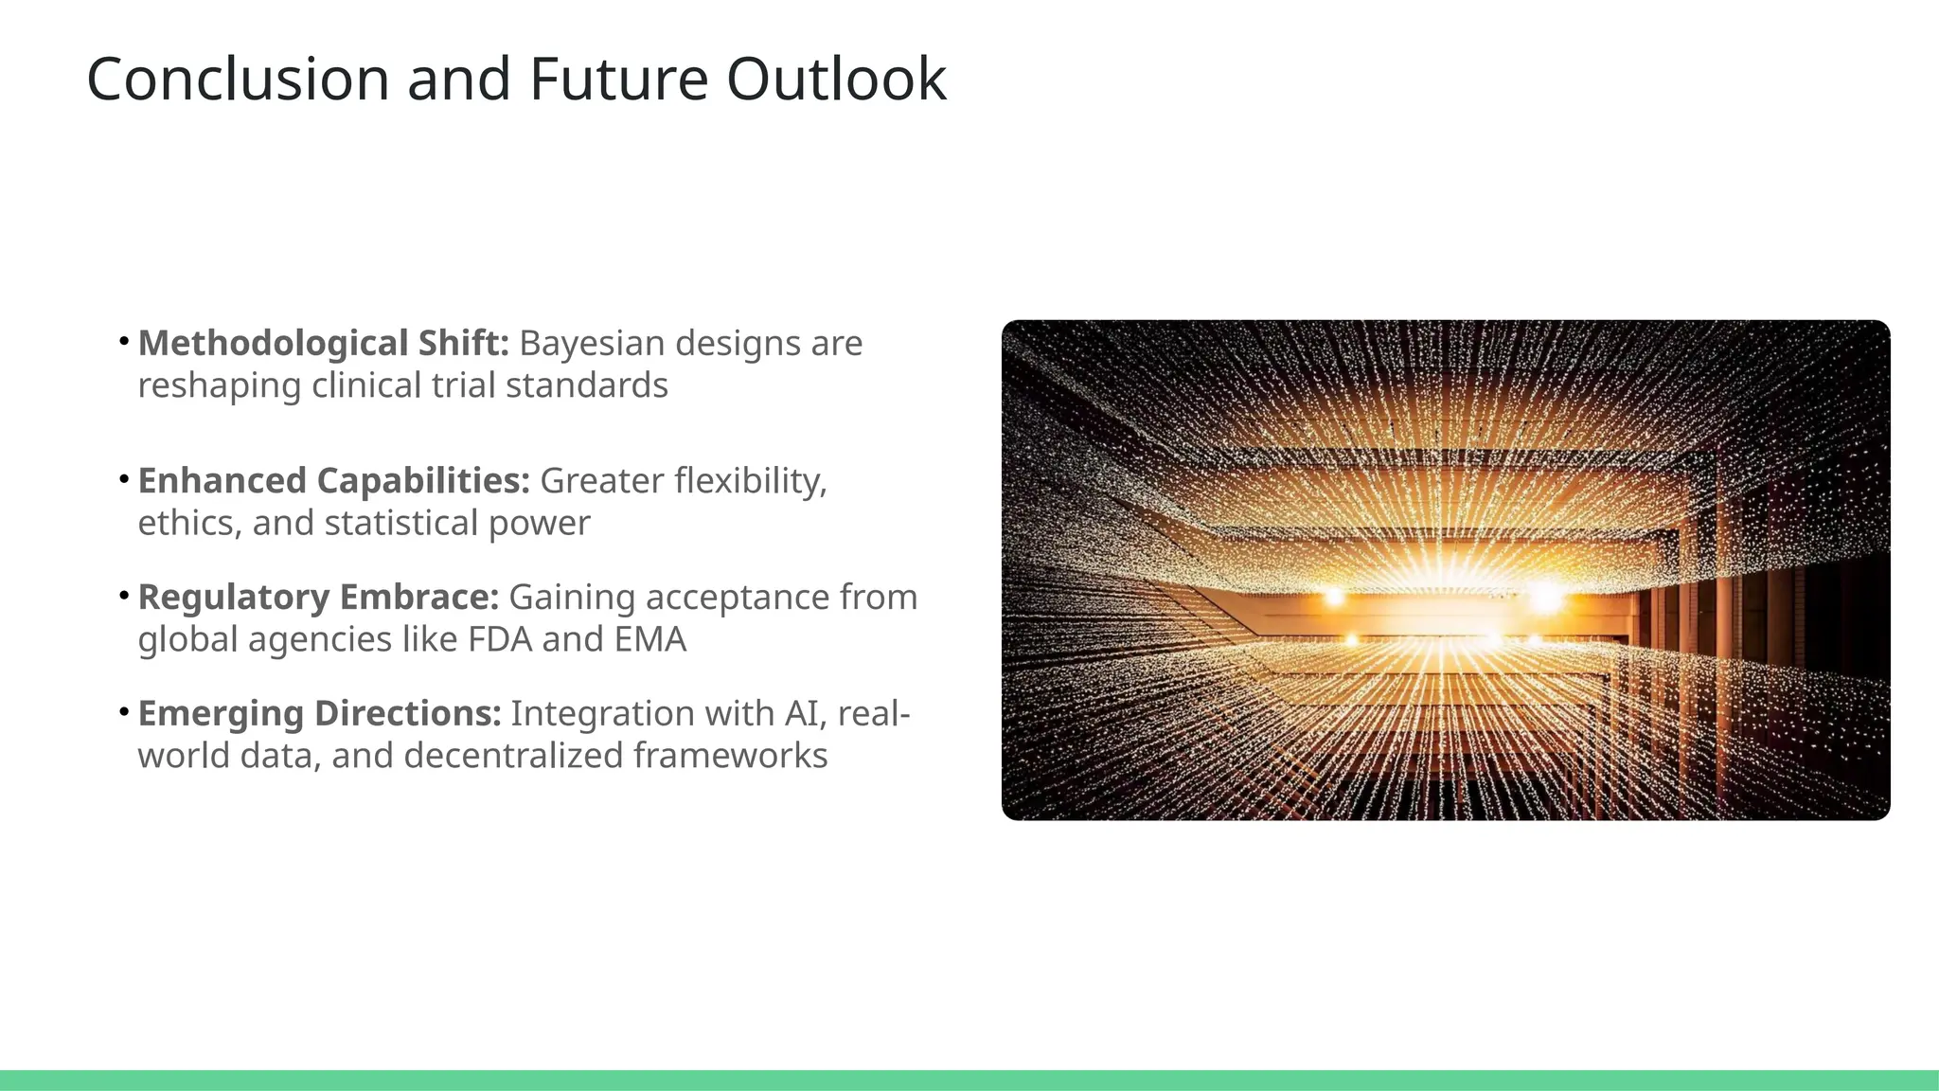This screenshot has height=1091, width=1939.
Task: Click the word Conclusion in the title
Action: point(238,79)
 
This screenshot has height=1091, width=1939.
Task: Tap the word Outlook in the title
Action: point(836,79)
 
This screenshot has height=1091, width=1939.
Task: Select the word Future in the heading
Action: point(618,79)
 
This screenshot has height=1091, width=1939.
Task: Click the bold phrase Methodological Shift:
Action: point(324,343)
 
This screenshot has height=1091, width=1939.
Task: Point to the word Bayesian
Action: point(593,343)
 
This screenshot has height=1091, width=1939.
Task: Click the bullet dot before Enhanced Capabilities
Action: point(124,480)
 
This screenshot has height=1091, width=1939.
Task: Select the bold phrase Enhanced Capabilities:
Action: point(333,481)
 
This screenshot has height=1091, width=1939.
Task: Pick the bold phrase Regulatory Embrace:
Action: point(318,598)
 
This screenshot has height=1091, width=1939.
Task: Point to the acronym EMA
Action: point(649,639)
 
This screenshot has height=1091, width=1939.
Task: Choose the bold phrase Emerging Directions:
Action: point(319,713)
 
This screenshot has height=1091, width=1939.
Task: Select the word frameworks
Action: point(730,756)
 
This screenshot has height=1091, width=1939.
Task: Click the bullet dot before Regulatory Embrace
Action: point(124,597)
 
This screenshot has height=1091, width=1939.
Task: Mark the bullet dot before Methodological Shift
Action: point(124,342)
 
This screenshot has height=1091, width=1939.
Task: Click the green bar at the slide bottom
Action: point(969,1080)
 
